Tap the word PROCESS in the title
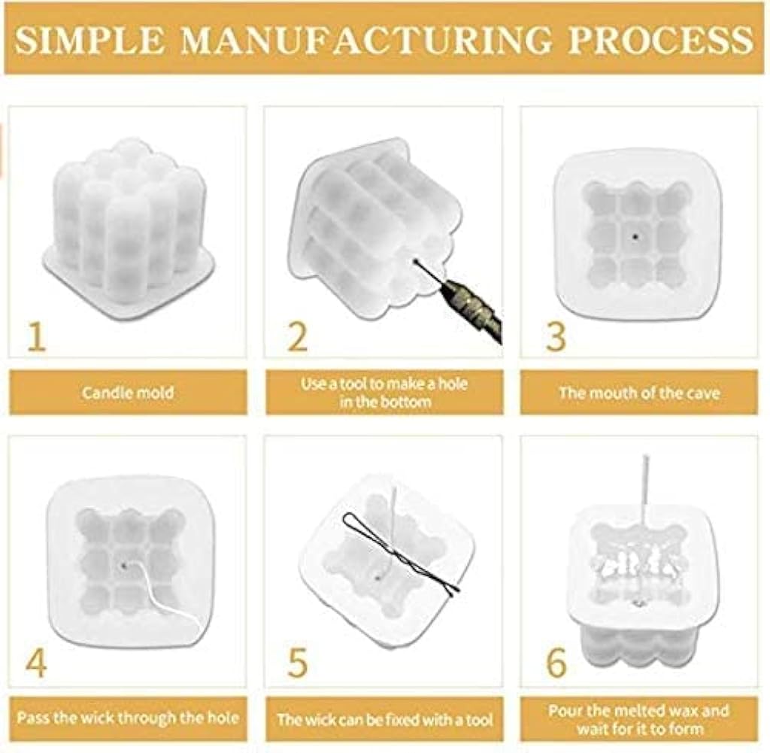[660, 39]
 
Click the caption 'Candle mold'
[128, 393]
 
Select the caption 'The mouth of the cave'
[639, 393]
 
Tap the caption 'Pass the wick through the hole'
[128, 718]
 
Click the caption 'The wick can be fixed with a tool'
[384, 720]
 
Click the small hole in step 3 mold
[636, 236]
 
